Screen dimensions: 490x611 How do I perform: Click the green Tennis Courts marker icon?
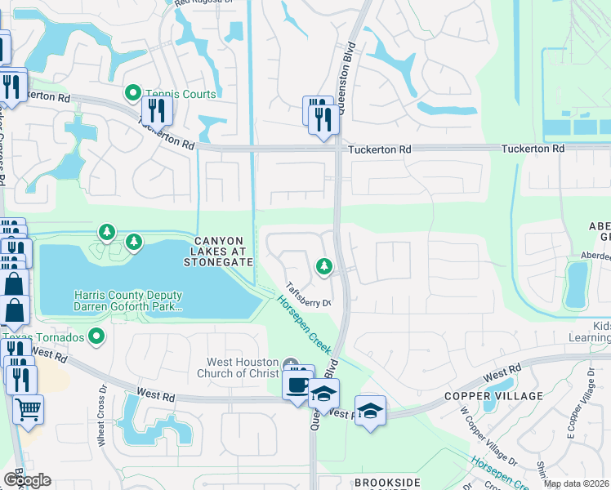(132, 94)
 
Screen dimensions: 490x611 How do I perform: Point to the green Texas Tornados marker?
(97, 336)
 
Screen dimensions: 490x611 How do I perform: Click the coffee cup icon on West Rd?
(297, 383)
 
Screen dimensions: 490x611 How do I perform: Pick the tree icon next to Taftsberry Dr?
(324, 266)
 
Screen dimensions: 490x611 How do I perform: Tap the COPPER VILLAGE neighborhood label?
(493, 396)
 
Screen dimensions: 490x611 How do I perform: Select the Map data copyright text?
(576, 484)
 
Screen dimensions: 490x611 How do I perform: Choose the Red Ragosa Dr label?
(203, 3)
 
